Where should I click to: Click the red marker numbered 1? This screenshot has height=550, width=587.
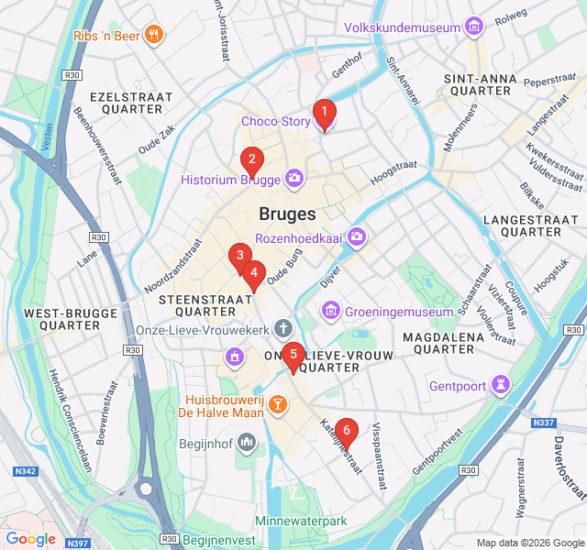pos(324,113)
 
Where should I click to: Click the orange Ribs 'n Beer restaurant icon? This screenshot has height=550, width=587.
pos(152,36)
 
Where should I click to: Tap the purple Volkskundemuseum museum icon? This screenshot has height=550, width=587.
pos(474,27)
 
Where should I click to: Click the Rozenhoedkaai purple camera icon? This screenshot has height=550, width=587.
pos(357,237)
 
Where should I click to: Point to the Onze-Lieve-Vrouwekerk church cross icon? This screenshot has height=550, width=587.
pos(283,328)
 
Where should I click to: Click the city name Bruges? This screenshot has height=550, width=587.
pos(287,214)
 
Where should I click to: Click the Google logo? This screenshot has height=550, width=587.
pos(30,539)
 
